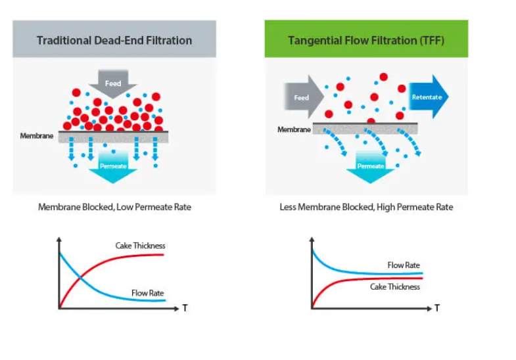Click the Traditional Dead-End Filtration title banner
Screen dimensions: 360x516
114,40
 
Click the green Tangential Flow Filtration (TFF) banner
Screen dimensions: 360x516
366,40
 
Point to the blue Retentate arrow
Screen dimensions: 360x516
428,97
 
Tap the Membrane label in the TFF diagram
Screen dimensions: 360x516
293,129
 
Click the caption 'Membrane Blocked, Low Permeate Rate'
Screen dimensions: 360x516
114,207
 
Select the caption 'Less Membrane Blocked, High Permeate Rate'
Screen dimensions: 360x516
366,207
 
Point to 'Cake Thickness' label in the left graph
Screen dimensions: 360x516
140,246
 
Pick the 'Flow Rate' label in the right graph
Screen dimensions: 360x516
404,265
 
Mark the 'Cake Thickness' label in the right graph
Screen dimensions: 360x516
394,286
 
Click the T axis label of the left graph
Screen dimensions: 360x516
185,307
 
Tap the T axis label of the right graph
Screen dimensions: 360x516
437,307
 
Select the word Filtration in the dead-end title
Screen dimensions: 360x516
164,40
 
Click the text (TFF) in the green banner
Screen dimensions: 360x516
431,40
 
